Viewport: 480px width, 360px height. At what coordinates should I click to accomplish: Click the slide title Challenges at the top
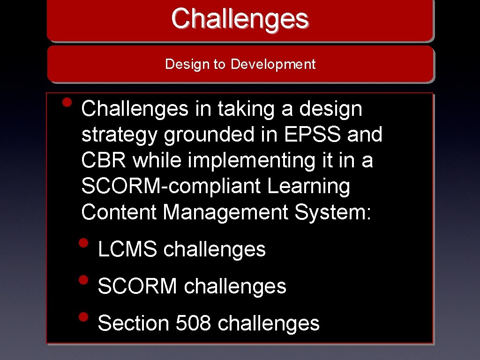[240, 19]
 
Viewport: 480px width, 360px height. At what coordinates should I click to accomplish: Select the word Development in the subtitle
[273, 64]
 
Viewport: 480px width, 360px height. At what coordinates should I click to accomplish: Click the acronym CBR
[104, 161]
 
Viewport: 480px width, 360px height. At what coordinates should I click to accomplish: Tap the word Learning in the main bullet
[309, 187]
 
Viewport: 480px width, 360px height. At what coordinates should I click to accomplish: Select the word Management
[226, 212]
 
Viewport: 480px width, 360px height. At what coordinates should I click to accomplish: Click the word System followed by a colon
[333, 212]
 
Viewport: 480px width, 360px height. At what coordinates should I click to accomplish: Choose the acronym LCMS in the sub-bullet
[127, 249]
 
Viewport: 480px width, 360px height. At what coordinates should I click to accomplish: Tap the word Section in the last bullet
[134, 323]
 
